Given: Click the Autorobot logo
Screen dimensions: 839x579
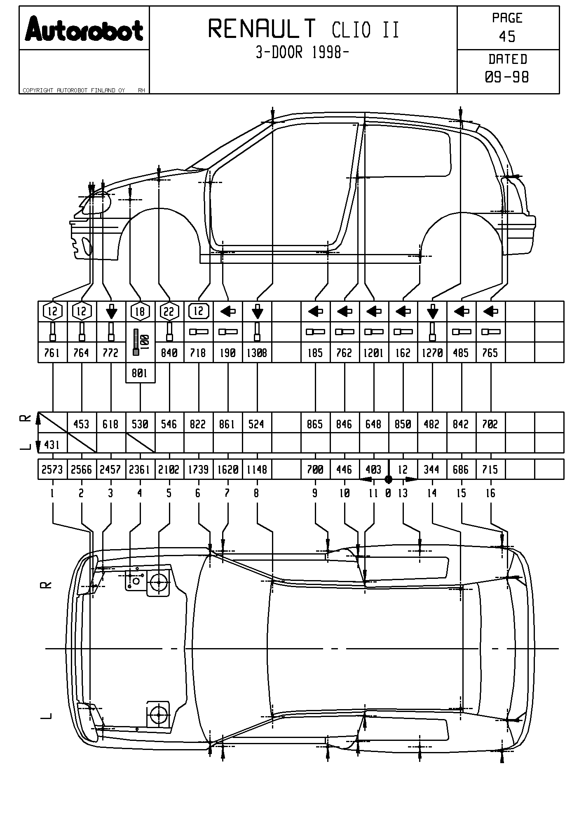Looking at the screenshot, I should pyautogui.click(x=84, y=29).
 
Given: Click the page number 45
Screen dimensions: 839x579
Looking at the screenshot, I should pyautogui.click(x=507, y=37).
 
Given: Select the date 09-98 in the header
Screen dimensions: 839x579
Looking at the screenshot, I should pyautogui.click(x=507, y=77).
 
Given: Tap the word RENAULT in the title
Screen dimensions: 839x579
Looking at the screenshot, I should pyautogui.click(x=262, y=29).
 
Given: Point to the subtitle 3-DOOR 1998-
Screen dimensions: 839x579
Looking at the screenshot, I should pyautogui.click(x=302, y=53).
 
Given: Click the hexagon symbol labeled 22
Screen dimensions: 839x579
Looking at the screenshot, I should pyautogui.click(x=169, y=312).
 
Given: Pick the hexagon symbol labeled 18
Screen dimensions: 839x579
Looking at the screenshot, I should pyautogui.click(x=140, y=311).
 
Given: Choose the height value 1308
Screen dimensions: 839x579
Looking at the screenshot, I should pyautogui.click(x=257, y=353).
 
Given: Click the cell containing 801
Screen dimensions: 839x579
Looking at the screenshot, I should pyautogui.click(x=140, y=373).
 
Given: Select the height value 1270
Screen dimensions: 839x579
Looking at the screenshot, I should pyautogui.click(x=432, y=353).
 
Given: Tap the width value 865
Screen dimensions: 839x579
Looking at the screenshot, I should pyautogui.click(x=315, y=424).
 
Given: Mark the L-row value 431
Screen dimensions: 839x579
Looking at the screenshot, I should pyautogui.click(x=52, y=445).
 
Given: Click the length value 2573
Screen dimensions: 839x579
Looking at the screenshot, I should pyautogui.click(x=52, y=470).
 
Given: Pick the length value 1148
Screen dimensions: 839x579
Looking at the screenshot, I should pyautogui.click(x=257, y=470).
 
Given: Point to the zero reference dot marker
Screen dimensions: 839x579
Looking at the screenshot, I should pyautogui.click(x=388, y=479).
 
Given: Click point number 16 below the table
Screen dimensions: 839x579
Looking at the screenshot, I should pyautogui.click(x=490, y=493).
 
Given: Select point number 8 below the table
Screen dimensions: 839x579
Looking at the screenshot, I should pyautogui.click(x=256, y=493).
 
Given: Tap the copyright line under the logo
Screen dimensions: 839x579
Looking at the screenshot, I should pyautogui.click(x=74, y=90).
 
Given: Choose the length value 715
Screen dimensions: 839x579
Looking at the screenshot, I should pyautogui.click(x=490, y=470).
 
